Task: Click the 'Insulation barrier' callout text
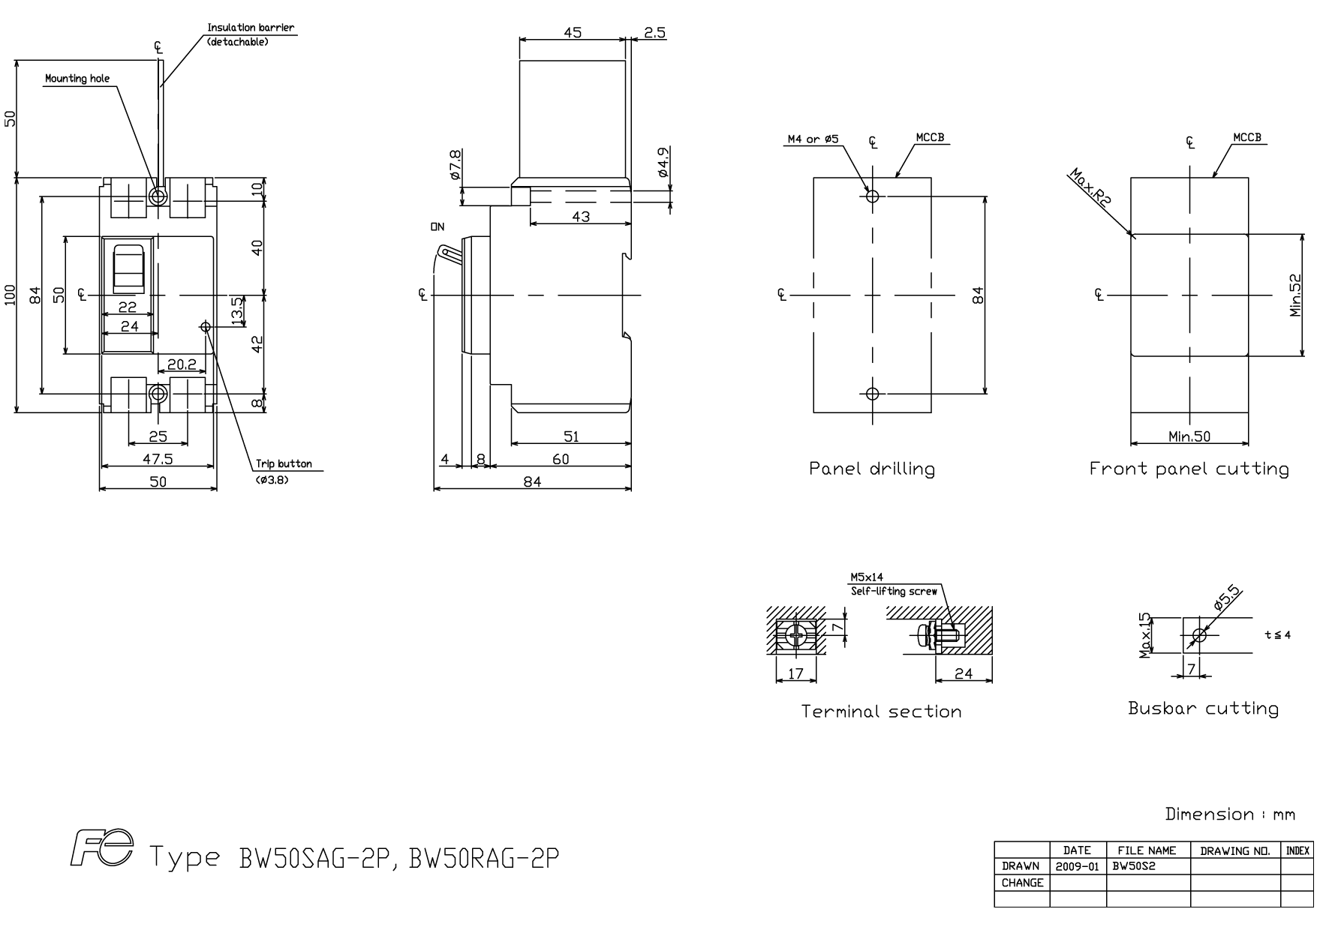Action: coord(251,28)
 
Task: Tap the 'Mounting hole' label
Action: coord(77,79)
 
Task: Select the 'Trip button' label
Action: coord(284,464)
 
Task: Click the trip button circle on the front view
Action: coord(206,326)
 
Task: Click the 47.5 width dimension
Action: coord(158,459)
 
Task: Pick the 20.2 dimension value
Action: coord(182,364)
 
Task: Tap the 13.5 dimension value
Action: coord(237,311)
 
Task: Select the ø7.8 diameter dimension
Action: coord(455,164)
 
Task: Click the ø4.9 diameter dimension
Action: coord(663,163)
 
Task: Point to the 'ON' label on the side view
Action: coord(437,226)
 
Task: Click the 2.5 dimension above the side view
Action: coord(654,33)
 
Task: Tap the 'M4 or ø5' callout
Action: coord(812,139)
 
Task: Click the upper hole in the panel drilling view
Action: coord(872,196)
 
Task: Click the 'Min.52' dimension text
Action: coord(1296,295)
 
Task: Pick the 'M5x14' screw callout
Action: coord(867,577)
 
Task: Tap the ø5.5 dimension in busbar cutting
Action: coord(1228,598)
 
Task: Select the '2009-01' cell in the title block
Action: coord(1077,866)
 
